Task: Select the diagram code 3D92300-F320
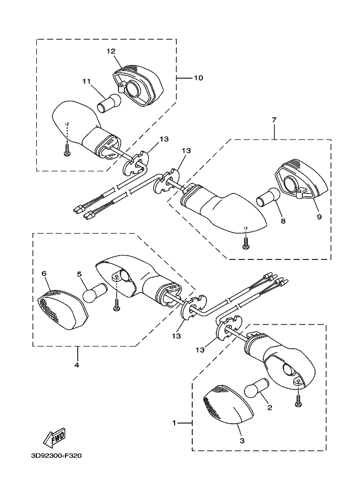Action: pos(56,456)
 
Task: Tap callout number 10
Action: pos(198,78)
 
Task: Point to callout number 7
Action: pos(274,120)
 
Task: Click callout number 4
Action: pos(77,365)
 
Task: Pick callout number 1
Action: pos(174,423)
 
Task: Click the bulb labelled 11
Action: pos(109,102)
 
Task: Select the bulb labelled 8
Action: pos(268,197)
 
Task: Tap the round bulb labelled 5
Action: pos(95,292)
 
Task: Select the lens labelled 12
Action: pos(139,84)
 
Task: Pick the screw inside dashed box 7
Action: pos(246,244)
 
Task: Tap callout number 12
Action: pos(111,51)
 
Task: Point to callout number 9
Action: pos(319,217)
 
